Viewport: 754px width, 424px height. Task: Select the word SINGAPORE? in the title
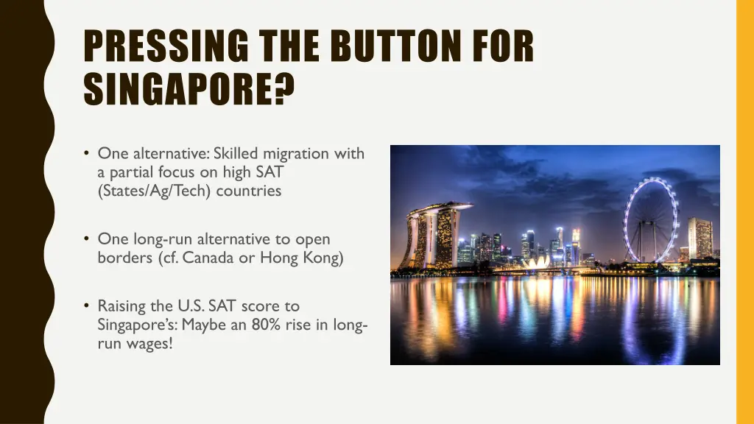click(188, 89)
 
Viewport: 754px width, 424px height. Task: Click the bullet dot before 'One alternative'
click(87, 153)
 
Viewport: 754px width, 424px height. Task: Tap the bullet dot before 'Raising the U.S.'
click(87, 305)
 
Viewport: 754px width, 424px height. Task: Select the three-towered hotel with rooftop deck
click(434, 236)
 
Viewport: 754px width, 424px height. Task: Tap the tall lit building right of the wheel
click(700, 239)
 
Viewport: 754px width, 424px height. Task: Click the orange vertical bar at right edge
click(744, 212)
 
